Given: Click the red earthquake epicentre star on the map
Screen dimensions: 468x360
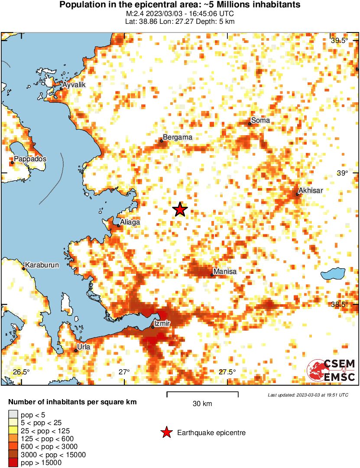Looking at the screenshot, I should pos(180,210).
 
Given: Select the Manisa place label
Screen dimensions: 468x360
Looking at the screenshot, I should pos(225,272).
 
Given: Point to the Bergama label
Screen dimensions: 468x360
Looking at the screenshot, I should pos(177,137).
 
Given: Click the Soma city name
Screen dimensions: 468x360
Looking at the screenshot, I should pos(260,120).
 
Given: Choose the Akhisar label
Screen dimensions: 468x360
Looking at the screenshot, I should pos(311,190).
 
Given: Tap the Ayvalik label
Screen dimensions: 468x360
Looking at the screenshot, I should pos(74,85).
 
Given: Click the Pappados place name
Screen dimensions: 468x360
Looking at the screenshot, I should pos(30,159).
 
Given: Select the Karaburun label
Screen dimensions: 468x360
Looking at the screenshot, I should pos(42,265).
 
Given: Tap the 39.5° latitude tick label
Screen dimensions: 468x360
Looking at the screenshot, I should pos(339,41).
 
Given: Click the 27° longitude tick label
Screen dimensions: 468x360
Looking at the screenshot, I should pos(124,372).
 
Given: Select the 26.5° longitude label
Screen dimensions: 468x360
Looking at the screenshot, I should pos(21,372).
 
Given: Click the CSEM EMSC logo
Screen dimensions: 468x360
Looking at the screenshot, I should pos(331,370).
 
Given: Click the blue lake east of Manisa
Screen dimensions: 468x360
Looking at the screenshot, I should pos(333,273).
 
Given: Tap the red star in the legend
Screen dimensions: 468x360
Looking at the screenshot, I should pos(166,432).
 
